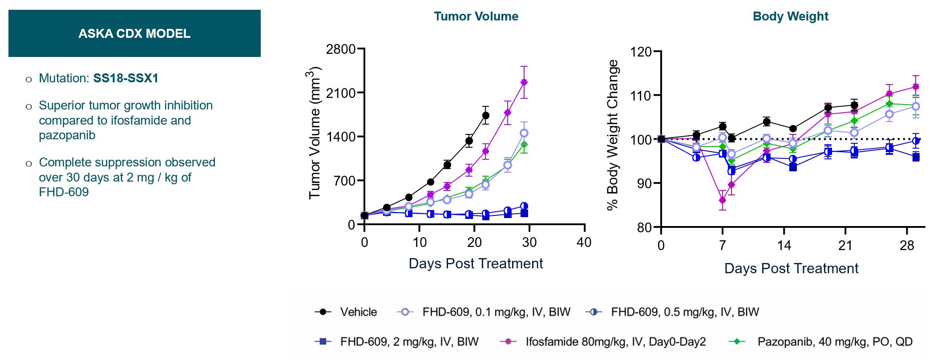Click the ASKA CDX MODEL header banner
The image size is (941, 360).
[134, 33]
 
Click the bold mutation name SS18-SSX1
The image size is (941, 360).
[125, 78]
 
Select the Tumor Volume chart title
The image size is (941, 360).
[476, 16]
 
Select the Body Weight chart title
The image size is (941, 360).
[790, 16]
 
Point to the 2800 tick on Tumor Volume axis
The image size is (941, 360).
[341, 49]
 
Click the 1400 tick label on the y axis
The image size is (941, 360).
[341, 137]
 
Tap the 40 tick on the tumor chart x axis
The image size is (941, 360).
[584, 243]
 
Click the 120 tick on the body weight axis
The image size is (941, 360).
[641, 52]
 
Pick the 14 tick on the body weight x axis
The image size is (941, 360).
[784, 245]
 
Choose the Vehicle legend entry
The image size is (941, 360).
[358, 312]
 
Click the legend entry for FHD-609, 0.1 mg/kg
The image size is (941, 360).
[496, 312]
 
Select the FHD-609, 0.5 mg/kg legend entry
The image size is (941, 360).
[685, 312]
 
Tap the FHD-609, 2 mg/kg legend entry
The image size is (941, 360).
[409, 342]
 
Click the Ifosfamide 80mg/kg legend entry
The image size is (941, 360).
[615, 342]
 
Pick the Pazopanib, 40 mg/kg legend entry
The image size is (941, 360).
[835, 342]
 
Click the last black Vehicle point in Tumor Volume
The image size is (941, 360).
[486, 115]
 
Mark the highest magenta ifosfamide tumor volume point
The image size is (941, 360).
[524, 82]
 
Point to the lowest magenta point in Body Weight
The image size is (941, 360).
[723, 200]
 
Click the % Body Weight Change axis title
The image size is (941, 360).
[613, 134]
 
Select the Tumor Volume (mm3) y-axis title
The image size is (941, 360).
[314, 133]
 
